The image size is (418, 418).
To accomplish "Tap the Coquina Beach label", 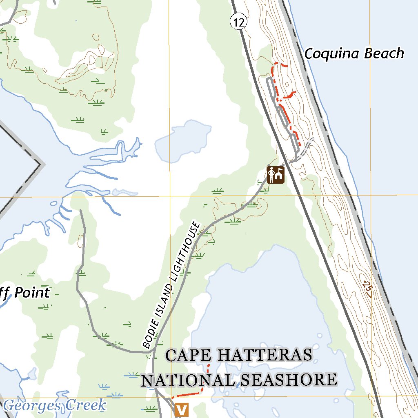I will (x=354, y=53).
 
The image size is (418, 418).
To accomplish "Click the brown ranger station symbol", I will (x=276, y=175).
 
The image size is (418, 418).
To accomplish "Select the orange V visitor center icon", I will (x=181, y=409).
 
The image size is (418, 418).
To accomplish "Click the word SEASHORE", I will (x=288, y=380).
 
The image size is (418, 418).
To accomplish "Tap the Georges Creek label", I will (x=55, y=405).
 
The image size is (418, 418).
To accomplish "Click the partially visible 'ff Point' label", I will (x=24, y=293).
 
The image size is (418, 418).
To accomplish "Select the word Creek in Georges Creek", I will (x=85, y=405).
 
